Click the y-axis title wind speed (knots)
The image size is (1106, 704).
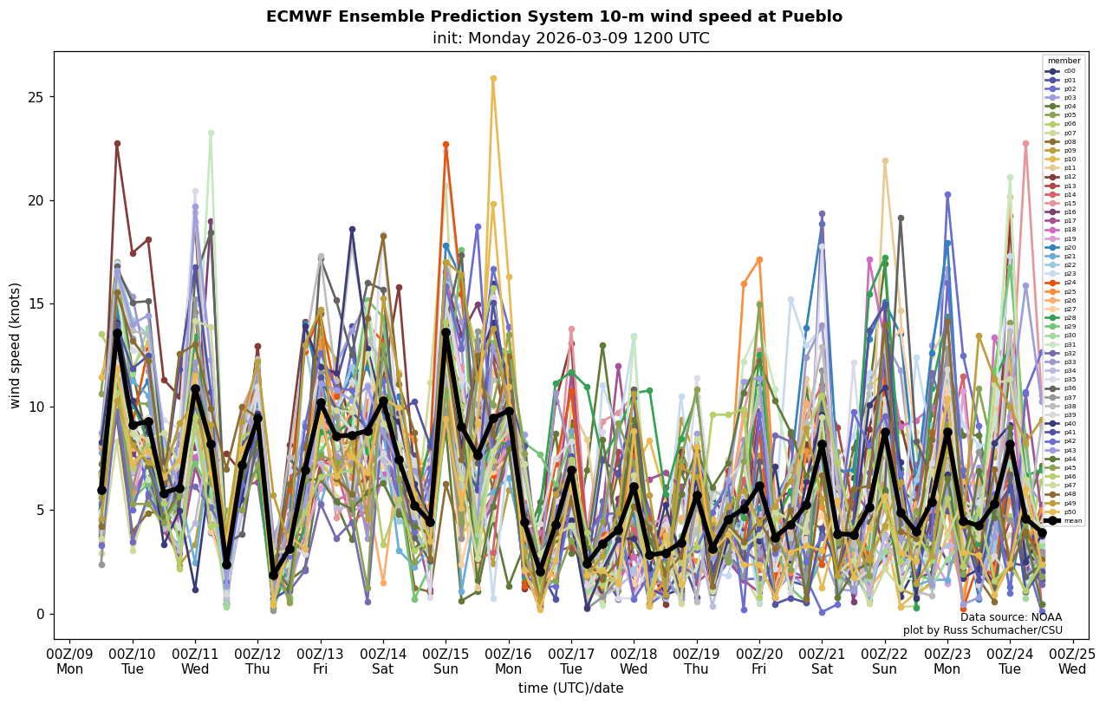click(15, 345)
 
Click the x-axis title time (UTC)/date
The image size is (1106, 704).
click(570, 688)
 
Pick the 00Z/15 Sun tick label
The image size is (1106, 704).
click(446, 662)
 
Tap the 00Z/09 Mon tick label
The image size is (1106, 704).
click(70, 662)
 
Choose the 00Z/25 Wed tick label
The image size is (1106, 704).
click(1073, 662)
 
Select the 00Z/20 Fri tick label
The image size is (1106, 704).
click(759, 662)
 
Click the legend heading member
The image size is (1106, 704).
click(1064, 61)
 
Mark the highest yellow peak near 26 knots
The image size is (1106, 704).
click(493, 78)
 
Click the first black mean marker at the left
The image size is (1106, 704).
click(101, 490)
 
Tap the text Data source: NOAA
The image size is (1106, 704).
click(1011, 617)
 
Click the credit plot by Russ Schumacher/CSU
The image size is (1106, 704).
click(982, 630)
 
